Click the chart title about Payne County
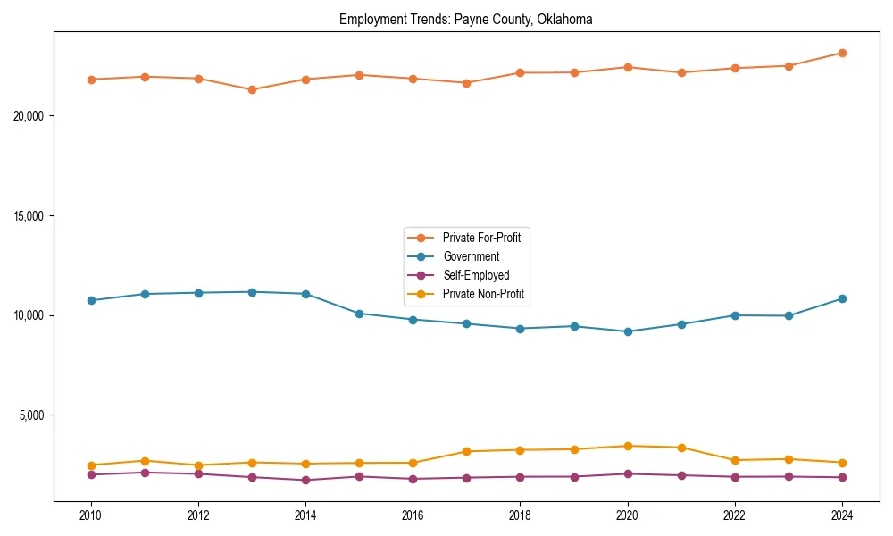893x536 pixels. (465, 19)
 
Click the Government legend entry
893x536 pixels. (471, 256)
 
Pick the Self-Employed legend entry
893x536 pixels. (476, 275)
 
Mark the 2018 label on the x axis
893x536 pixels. (520, 515)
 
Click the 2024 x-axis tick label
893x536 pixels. (842, 515)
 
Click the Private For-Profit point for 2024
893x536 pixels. (842, 53)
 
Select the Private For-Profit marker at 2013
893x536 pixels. (252, 89)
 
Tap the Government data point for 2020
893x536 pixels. (628, 331)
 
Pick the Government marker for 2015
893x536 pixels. (359, 314)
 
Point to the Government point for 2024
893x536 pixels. (842, 298)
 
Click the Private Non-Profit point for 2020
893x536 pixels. (628, 446)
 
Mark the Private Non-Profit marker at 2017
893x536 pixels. (466, 451)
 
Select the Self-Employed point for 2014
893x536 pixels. (305, 480)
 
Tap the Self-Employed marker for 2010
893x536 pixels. (91, 474)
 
